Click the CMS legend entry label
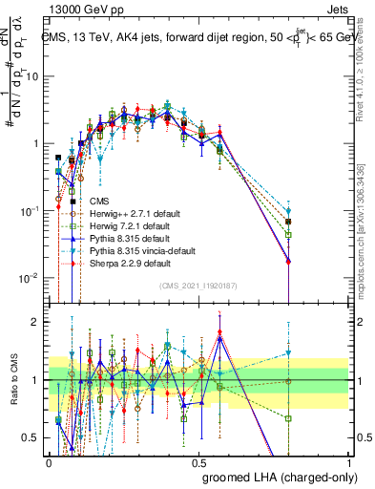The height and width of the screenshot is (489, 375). tap(99, 202)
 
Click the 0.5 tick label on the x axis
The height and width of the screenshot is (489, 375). tap(198, 461)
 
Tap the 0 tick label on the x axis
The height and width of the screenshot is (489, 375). tap(49, 461)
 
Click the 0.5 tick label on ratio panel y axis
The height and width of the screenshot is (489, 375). tap(31, 438)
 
